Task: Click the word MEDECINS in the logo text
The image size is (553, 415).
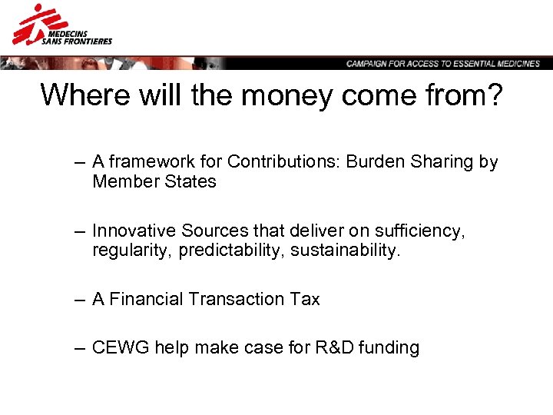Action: [x=68, y=33]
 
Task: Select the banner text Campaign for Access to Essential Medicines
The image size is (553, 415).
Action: [x=443, y=64]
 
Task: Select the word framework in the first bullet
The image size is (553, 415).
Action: [x=144, y=162]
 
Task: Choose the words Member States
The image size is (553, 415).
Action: [x=154, y=182]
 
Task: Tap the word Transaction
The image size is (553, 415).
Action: [x=236, y=300]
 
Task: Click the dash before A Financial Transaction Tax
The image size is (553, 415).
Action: [x=80, y=300]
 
